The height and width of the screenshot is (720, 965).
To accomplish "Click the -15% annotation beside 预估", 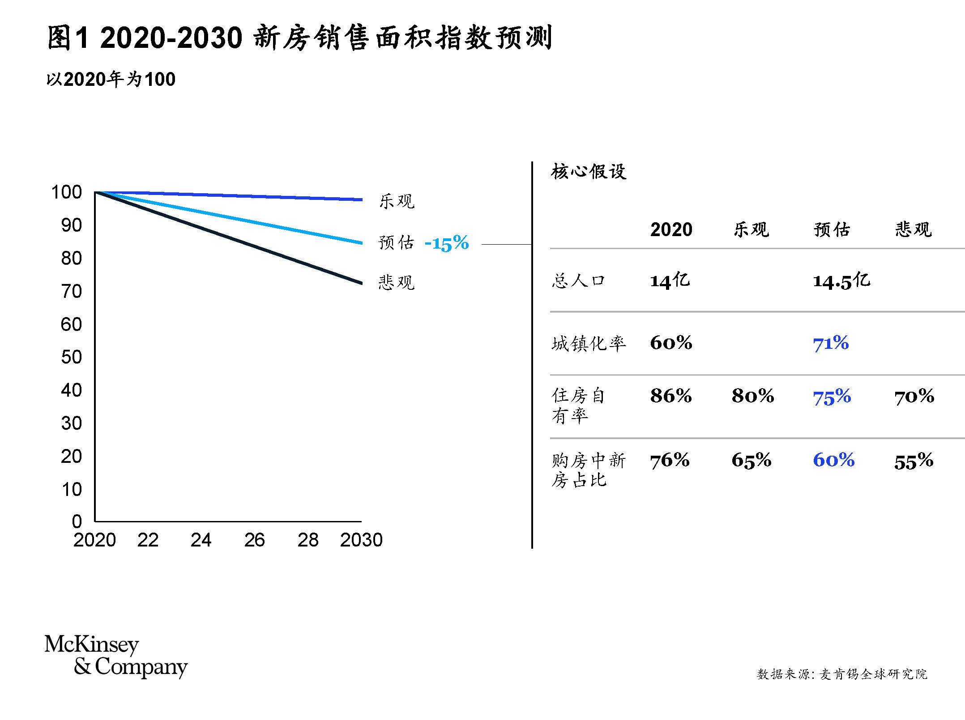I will click(x=446, y=243).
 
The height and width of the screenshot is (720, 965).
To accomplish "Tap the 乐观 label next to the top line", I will click(x=397, y=201).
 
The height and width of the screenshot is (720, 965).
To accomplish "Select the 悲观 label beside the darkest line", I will click(x=397, y=283).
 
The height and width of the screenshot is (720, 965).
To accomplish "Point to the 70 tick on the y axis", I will click(x=72, y=292).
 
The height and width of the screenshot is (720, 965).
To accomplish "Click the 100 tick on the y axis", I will click(x=67, y=192).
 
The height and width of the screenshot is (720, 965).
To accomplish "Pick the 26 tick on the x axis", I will click(x=254, y=540).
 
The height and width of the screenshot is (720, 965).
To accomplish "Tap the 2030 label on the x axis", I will click(x=361, y=540).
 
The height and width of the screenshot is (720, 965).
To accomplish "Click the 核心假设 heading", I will click(x=589, y=171).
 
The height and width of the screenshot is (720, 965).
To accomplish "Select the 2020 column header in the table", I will click(x=671, y=230).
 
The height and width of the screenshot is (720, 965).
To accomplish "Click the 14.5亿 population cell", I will click(x=841, y=281).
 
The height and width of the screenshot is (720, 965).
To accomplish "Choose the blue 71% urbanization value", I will click(x=831, y=343).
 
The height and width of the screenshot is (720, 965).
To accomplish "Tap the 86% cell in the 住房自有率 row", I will click(x=671, y=396).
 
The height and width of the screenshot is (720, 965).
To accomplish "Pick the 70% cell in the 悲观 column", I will click(x=914, y=396).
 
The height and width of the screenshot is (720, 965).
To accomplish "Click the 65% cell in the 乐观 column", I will click(x=752, y=461).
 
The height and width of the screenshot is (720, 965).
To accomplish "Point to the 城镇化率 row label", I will click(x=589, y=344).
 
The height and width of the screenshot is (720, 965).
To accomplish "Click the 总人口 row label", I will click(x=578, y=281).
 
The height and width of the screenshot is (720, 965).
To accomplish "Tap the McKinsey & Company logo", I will click(x=116, y=656).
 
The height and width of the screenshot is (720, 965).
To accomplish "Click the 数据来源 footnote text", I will click(x=841, y=674).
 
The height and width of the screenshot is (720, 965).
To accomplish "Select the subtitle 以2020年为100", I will click(x=111, y=80).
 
